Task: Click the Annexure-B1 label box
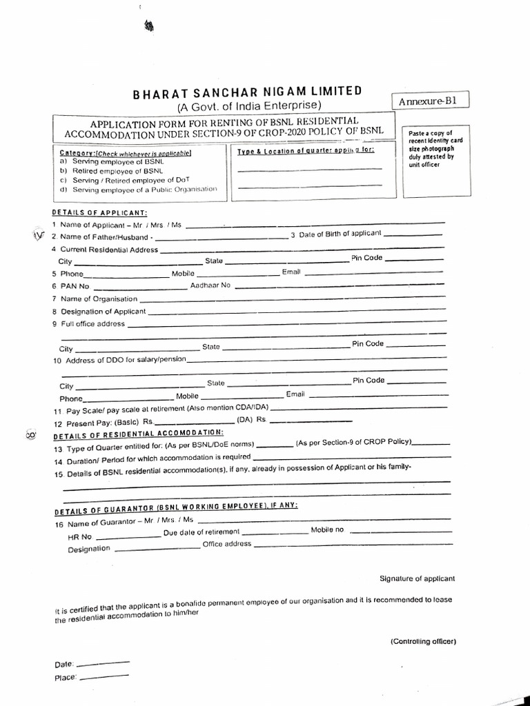pos(429,101)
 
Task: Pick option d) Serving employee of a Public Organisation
pos(138,189)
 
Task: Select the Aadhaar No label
pos(210,285)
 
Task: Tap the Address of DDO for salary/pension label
pos(117,361)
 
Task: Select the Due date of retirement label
pos(202,532)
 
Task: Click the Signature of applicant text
pos(417,578)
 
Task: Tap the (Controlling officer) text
pos(423,641)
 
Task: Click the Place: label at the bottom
pos(64,678)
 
